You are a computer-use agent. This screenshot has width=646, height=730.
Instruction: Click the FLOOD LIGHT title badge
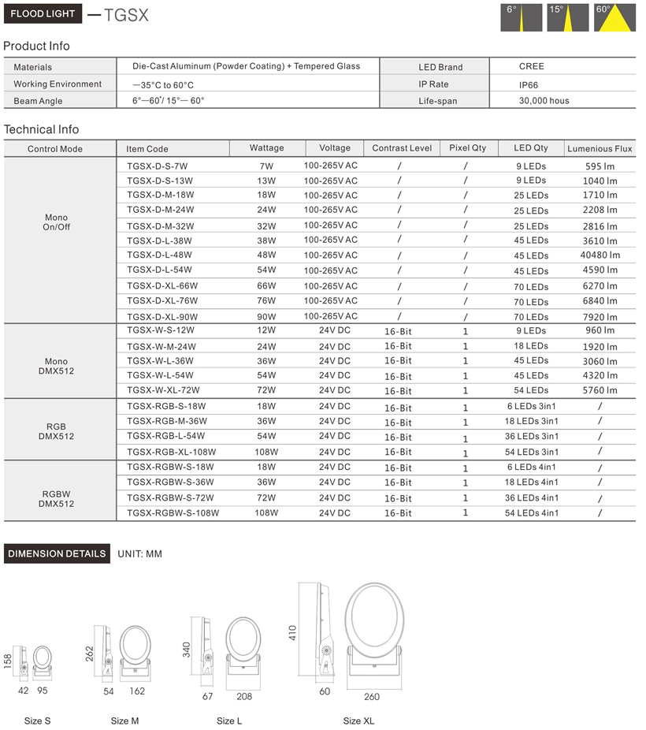tap(43, 14)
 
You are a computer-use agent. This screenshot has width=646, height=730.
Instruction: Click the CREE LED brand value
tap(531, 66)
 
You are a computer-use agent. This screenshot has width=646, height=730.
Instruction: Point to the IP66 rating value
tap(529, 84)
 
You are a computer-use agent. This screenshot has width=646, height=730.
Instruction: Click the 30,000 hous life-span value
tap(544, 101)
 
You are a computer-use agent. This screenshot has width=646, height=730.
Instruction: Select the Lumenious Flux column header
tap(600, 148)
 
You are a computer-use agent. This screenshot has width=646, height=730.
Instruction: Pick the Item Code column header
tap(147, 148)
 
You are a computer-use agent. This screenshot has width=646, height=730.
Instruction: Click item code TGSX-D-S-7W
tap(158, 166)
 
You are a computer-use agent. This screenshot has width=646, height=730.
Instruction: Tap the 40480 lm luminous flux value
tap(600, 255)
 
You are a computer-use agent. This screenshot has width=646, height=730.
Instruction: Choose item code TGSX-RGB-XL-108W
tap(171, 452)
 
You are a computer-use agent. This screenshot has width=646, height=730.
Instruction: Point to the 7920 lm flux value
tap(600, 317)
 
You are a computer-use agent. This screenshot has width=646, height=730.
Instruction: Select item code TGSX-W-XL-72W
tap(163, 390)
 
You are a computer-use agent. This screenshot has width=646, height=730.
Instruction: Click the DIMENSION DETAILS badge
tap(57, 553)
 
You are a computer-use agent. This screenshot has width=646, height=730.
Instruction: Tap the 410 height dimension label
tap(292, 632)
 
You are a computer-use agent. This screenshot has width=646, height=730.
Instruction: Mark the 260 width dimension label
tap(372, 696)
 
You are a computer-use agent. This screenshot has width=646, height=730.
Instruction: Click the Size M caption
tap(124, 721)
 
